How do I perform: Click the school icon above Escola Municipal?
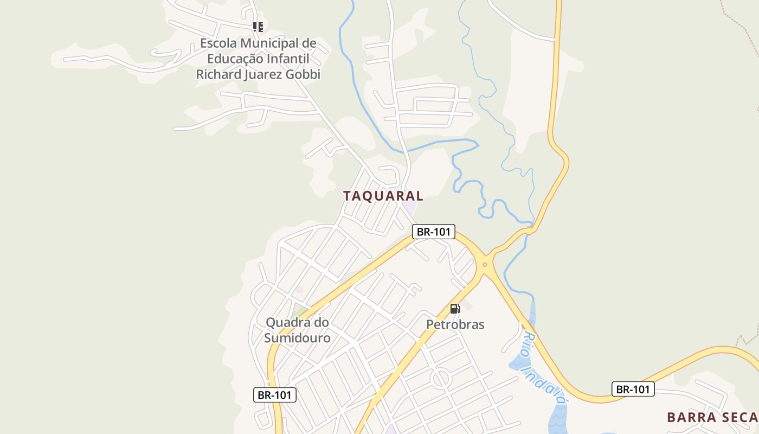(x=258, y=27)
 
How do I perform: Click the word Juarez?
(x=264, y=74)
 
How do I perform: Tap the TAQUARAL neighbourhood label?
(x=383, y=196)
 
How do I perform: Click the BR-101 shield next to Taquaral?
(x=433, y=232)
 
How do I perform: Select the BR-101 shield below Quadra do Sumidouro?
(x=275, y=395)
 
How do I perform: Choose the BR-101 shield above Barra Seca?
(x=633, y=389)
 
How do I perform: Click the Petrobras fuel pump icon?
(x=455, y=309)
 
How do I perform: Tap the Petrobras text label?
(x=455, y=324)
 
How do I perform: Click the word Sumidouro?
(x=297, y=337)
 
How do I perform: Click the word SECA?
(x=739, y=417)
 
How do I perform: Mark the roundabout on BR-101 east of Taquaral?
(x=485, y=265)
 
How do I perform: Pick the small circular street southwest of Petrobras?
(x=441, y=378)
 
